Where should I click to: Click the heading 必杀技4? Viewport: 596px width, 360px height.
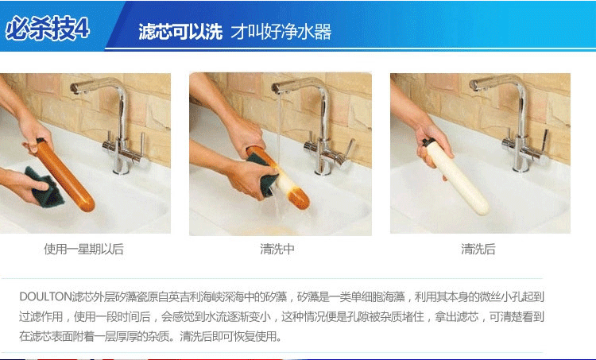[47, 28]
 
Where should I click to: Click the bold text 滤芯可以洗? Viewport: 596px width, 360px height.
[180, 32]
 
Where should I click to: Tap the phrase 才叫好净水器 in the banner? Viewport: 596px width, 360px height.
[281, 32]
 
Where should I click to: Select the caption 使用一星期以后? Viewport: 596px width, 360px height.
[84, 249]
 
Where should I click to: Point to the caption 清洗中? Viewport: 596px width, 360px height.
[277, 249]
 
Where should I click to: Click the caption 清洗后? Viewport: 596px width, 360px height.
[478, 249]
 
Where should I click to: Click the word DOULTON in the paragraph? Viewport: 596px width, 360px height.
[45, 296]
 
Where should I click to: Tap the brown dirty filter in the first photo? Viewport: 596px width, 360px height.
[64, 176]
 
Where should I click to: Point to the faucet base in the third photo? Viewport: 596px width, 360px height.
[521, 166]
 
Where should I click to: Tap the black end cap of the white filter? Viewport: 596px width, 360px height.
[428, 143]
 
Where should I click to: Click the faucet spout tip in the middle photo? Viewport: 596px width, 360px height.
[276, 88]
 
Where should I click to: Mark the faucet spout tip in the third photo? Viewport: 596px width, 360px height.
[474, 85]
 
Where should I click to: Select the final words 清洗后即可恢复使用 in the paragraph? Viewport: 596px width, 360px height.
[230, 336]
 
